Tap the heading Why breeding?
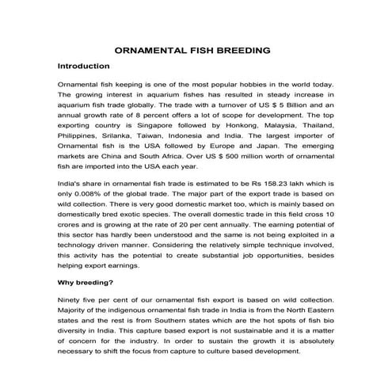(87, 282)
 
